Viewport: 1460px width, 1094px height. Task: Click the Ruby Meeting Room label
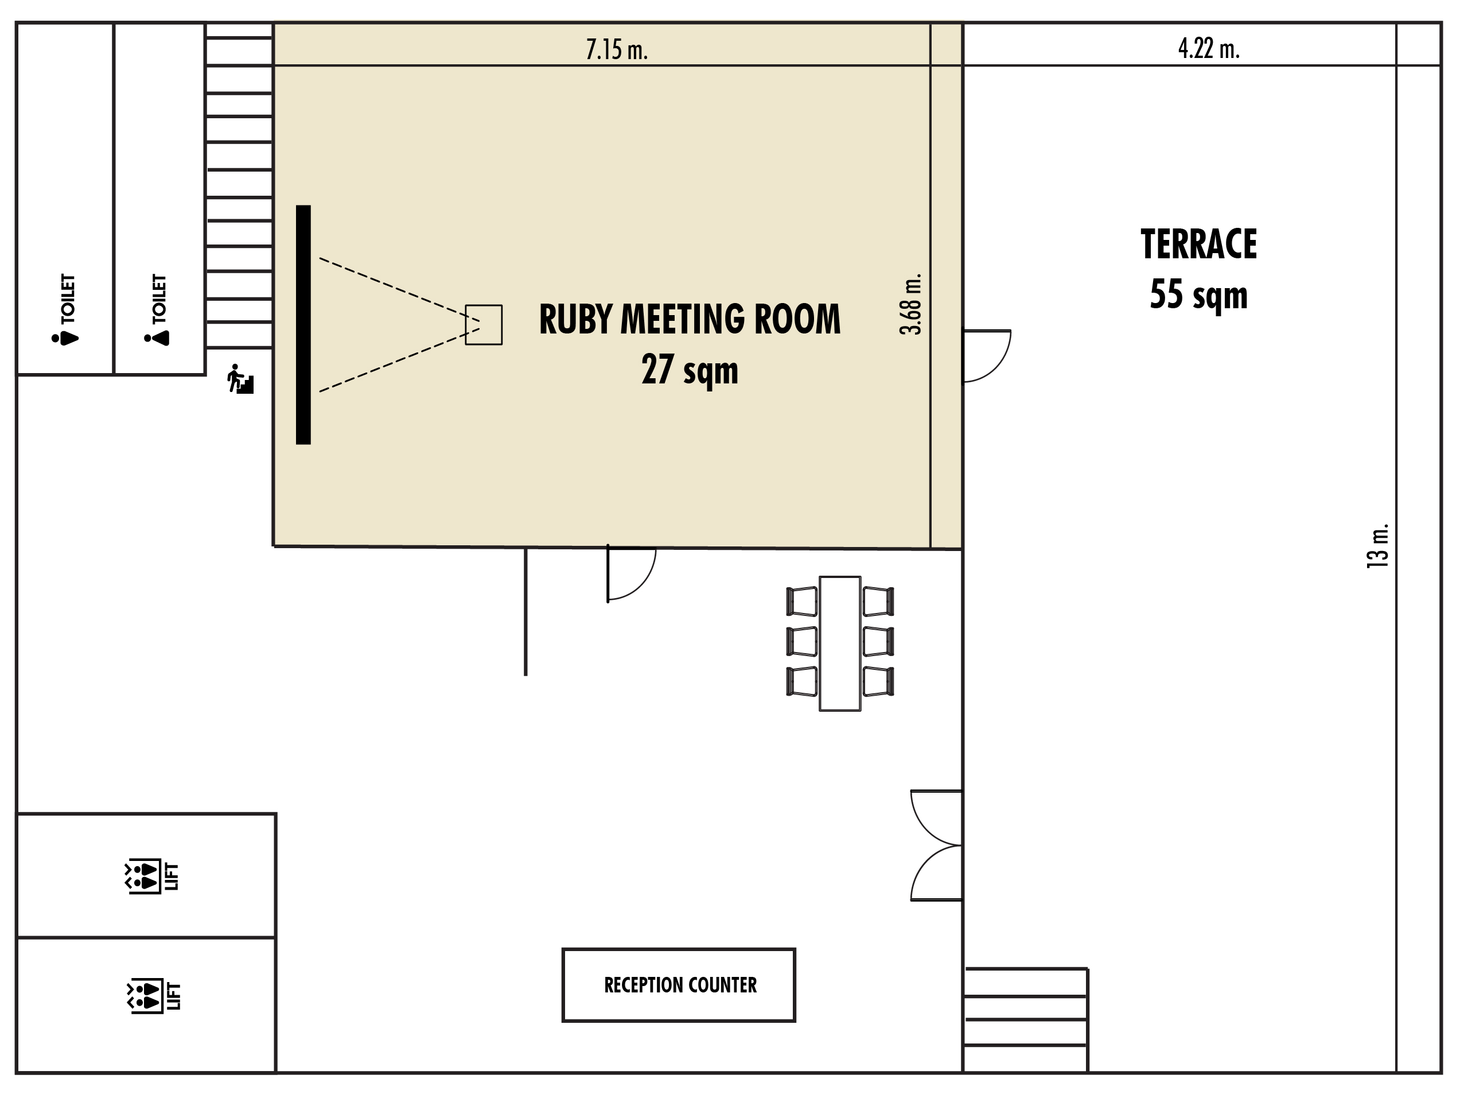[x=690, y=319]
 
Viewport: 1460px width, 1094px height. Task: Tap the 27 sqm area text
[x=690, y=370]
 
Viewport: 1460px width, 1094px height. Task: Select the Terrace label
[x=1198, y=245]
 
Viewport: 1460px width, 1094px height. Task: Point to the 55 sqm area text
[x=1198, y=294]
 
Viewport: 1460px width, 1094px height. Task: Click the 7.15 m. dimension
[x=617, y=49]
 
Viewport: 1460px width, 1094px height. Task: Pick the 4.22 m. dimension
[x=1209, y=48]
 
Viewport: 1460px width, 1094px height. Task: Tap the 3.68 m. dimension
[x=911, y=304]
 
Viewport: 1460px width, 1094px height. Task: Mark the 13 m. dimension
[x=1377, y=546]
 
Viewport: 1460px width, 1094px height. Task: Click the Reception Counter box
[x=679, y=985]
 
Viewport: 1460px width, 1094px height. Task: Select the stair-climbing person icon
[x=240, y=379]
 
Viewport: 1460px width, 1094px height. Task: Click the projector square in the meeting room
[x=484, y=325]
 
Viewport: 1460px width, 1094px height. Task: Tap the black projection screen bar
[x=303, y=325]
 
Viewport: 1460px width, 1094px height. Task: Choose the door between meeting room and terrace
[x=987, y=356]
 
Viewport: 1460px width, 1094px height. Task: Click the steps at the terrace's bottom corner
[x=1026, y=1020]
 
